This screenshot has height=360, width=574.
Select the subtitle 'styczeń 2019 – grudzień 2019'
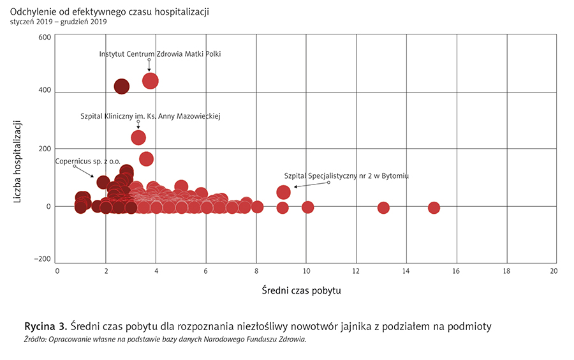[58, 22]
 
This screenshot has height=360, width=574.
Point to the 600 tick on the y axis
[44, 37]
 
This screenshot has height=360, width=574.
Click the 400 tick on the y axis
[44, 91]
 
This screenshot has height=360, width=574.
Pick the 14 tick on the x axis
[407, 271]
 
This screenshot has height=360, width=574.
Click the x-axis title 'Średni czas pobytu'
[302, 291]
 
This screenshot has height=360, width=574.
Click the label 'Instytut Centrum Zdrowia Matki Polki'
[160, 54]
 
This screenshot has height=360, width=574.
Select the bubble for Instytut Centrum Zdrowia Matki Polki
[151, 80]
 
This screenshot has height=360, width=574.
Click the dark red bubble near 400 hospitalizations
[122, 86]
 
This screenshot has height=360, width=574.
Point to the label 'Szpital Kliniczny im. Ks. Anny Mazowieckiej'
[151, 116]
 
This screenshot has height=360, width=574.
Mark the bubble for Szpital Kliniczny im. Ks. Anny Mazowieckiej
[138, 137]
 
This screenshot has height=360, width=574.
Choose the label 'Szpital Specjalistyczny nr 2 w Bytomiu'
[346, 175]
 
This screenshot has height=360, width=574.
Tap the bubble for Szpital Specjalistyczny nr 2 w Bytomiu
[284, 192]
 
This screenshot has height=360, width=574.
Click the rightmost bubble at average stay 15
[434, 207]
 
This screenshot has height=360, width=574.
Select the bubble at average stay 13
[383, 207]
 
